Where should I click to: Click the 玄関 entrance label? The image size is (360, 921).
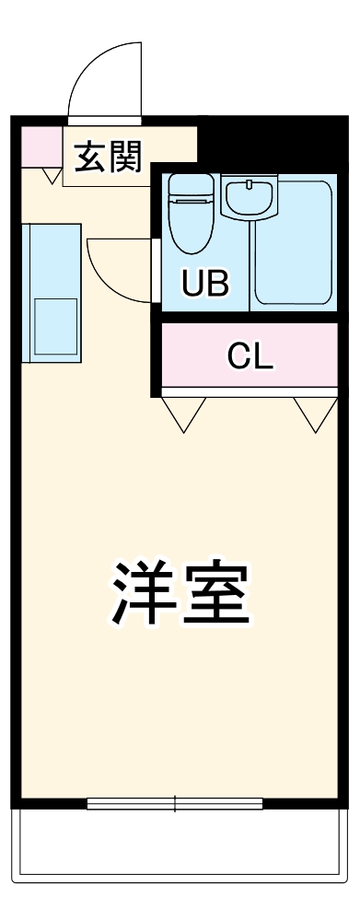pyautogui.click(x=108, y=159)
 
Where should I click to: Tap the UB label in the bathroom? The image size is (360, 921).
pyautogui.click(x=204, y=283)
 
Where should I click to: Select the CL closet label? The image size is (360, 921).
pyautogui.click(x=250, y=356)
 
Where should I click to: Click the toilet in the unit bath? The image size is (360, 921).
pyautogui.click(x=190, y=221)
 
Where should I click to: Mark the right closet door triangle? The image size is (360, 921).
pyautogui.click(x=316, y=413)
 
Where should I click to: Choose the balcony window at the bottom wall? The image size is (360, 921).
pyautogui.click(x=175, y=804)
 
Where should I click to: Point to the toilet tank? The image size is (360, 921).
pyautogui.click(x=190, y=184)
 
